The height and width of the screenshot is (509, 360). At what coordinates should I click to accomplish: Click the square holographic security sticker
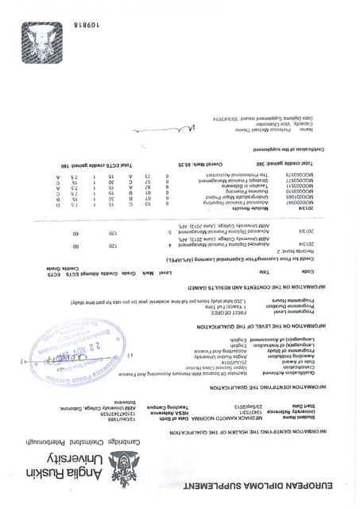coord(41,42)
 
